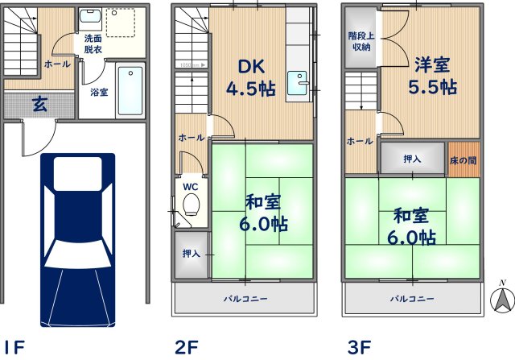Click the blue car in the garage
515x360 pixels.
point(77,229)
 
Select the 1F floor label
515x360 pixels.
point(14,347)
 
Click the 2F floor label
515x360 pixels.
point(187,347)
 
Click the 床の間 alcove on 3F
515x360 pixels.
point(464,159)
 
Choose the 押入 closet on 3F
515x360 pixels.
point(412,159)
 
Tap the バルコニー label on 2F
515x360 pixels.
point(245,299)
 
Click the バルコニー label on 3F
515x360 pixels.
point(413,299)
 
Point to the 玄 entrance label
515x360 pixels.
point(39,102)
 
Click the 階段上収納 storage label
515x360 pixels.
point(360,42)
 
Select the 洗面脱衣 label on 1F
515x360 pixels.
point(93,43)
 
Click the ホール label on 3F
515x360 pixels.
point(360,141)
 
